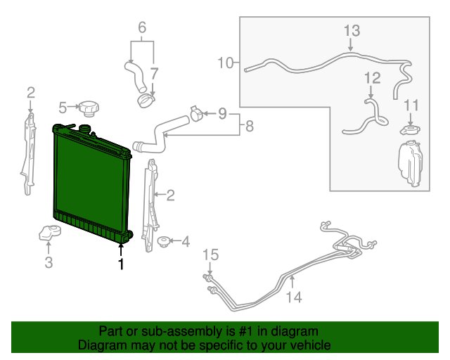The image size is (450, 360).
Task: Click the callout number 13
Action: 352,31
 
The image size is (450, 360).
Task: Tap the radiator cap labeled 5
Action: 89,108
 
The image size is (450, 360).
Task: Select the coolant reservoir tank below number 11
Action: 410,163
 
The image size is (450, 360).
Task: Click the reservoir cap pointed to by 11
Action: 410,130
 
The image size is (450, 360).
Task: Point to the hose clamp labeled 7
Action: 146,101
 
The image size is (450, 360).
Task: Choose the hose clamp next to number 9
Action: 196,113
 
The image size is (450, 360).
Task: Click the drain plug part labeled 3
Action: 50,233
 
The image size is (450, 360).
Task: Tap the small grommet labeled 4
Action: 164,241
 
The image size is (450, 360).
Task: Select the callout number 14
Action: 294,297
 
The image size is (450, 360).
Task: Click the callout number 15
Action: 211,255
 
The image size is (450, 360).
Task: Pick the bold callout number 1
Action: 122,264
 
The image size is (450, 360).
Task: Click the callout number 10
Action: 226,63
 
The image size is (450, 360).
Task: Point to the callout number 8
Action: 249,126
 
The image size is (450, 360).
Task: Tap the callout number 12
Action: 373,78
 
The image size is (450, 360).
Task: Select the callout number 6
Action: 142,27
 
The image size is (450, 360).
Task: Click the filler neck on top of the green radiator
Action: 84,129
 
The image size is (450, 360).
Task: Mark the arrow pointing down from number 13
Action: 350,44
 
